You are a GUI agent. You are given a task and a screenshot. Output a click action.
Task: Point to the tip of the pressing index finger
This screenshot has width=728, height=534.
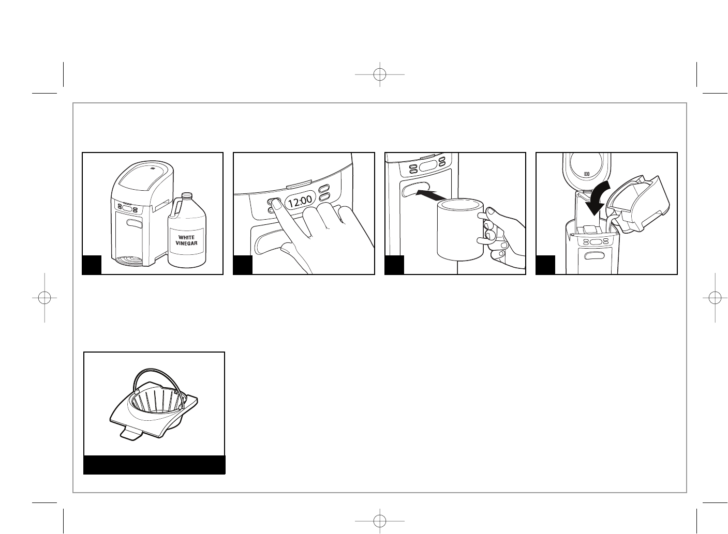pyautogui.click(x=274, y=204)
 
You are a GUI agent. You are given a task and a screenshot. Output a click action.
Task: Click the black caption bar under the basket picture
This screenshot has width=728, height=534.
pyautogui.click(x=154, y=464)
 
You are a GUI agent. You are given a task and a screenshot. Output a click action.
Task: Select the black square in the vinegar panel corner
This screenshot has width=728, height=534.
pyautogui.click(x=92, y=265)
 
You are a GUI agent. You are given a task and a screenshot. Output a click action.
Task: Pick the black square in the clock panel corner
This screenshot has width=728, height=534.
pyautogui.click(x=243, y=265)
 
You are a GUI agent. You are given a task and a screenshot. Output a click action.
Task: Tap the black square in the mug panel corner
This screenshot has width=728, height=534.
pyautogui.click(x=394, y=265)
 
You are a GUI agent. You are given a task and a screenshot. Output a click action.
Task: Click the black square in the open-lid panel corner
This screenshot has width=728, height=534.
pyautogui.click(x=545, y=265)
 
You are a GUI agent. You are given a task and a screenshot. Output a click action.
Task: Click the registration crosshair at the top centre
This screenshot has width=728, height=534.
pyautogui.click(x=380, y=74)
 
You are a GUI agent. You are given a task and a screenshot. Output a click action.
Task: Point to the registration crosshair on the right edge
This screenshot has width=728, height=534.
pyautogui.click(x=715, y=298)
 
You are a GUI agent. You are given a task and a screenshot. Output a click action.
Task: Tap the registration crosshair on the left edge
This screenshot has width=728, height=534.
pyautogui.click(x=44, y=298)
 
